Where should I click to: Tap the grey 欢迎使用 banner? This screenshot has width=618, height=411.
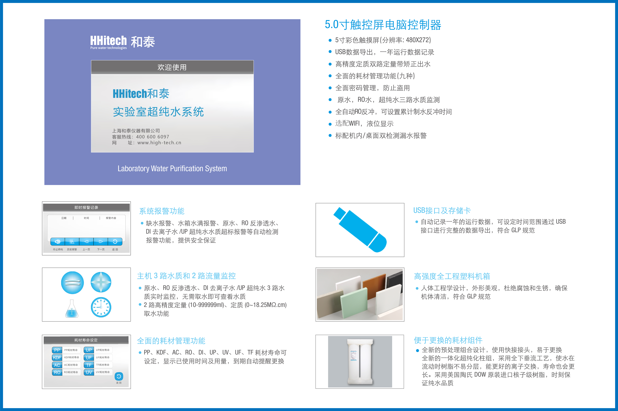[172, 67]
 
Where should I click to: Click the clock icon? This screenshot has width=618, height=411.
[101, 307]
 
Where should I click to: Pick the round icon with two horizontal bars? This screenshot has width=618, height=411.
[72, 283]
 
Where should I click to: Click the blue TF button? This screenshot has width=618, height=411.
[89, 365]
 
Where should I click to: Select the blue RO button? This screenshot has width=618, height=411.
[57, 372]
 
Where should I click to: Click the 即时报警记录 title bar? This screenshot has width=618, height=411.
[86, 207]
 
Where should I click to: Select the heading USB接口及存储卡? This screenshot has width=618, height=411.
[442, 210]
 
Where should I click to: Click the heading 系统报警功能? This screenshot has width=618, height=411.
[162, 211]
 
